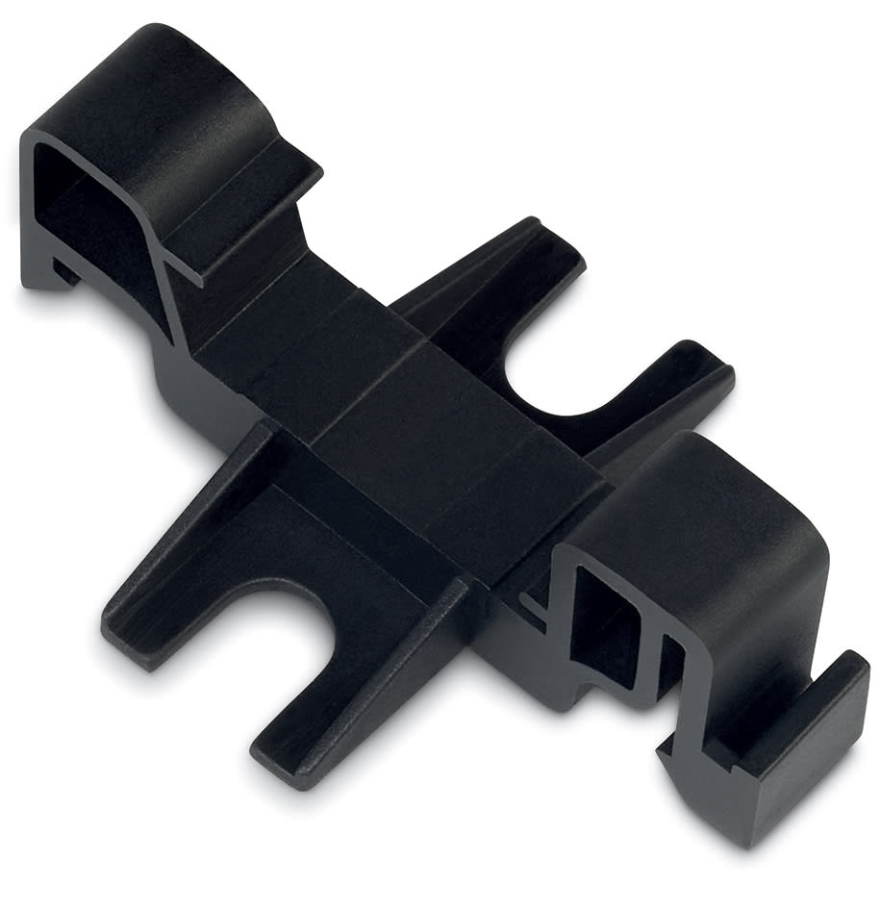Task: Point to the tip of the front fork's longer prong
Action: [x=130, y=635]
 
